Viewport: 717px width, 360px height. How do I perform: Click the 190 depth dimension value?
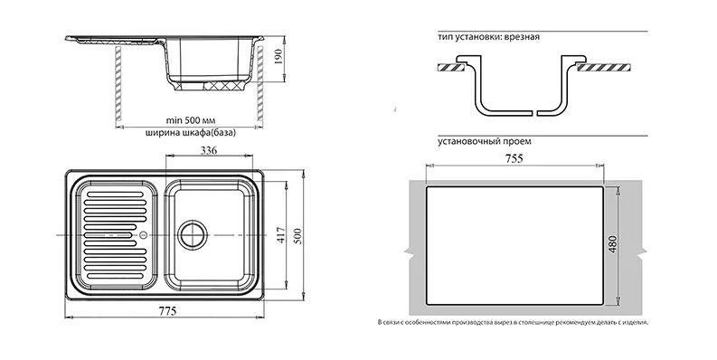tap(278, 56)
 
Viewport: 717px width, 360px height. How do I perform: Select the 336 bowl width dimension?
tap(209, 150)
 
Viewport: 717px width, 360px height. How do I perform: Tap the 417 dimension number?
tap(281, 235)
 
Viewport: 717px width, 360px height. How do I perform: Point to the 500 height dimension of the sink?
tap(297, 235)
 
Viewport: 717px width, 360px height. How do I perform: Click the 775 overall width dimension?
tap(168, 311)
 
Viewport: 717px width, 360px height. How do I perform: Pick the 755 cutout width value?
tap(514, 158)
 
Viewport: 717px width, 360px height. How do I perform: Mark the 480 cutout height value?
tap(613, 244)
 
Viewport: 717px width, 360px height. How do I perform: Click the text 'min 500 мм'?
tap(190, 121)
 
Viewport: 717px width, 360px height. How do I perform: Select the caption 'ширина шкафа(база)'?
tap(190, 133)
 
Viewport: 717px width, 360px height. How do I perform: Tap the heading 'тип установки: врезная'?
tap(488, 37)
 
